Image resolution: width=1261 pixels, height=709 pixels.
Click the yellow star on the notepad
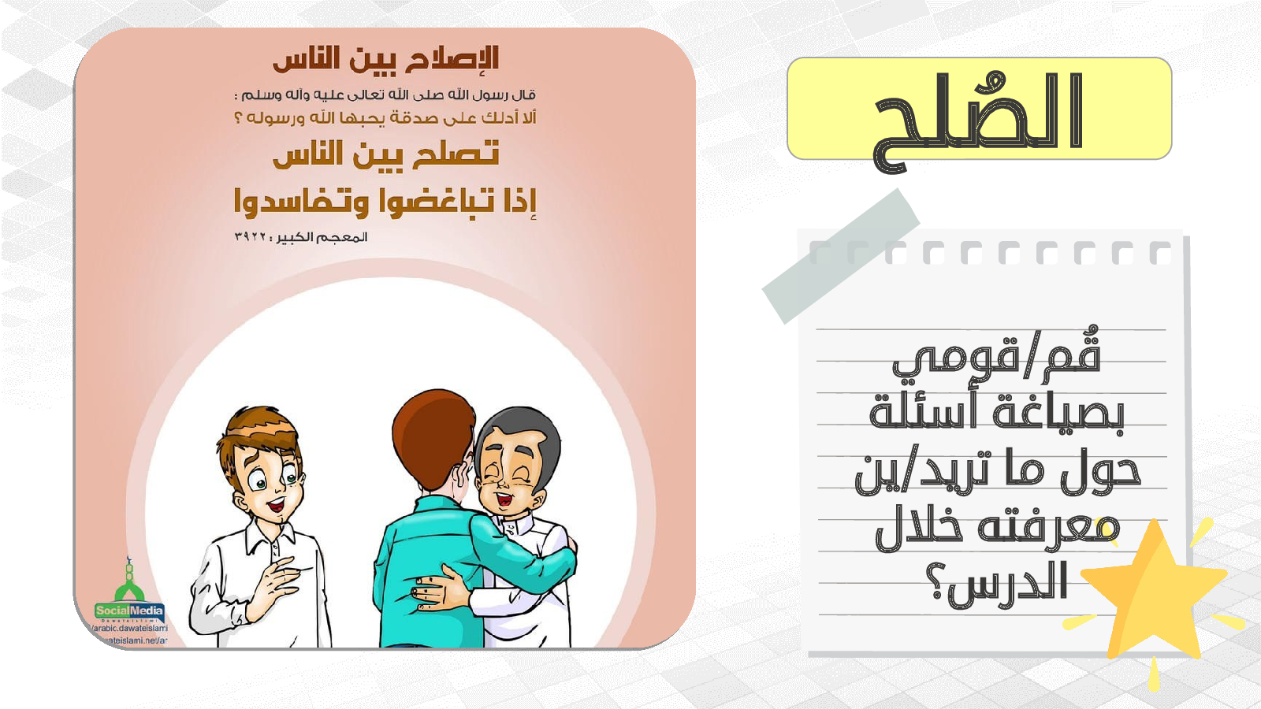point(1154,596)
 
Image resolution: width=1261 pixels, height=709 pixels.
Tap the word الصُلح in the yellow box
point(978,121)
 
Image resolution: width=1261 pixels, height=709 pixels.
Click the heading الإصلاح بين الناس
point(386,59)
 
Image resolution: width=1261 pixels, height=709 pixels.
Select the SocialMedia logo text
point(129,611)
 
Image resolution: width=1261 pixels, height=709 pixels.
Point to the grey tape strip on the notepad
point(841,256)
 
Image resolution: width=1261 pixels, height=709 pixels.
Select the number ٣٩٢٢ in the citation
point(250,237)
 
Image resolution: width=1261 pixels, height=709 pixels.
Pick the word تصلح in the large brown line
point(456,154)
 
